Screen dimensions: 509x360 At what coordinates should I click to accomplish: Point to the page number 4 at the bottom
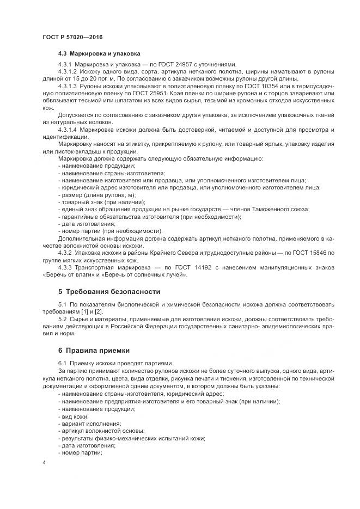pyautogui.click(x=44, y=462)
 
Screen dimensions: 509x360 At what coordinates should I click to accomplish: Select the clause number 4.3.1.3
pyautogui.click(x=68, y=86)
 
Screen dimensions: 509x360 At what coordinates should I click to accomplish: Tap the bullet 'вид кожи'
pyautogui.click(x=73, y=415)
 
